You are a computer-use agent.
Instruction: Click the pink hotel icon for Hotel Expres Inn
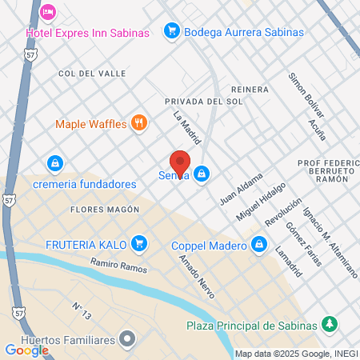48,12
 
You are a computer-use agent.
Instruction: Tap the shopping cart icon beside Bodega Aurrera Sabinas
170,32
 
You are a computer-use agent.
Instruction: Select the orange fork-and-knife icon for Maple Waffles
140,123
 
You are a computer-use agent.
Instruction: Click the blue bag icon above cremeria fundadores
54,164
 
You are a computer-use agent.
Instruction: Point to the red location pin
180,163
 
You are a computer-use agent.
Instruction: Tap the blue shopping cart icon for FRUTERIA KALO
140,242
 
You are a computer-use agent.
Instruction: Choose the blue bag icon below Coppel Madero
258,246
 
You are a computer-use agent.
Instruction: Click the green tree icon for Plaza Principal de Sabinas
327,324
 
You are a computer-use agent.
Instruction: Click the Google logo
26,350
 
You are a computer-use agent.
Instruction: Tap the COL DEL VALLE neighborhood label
92,73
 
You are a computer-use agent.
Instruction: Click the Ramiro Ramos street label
118,266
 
